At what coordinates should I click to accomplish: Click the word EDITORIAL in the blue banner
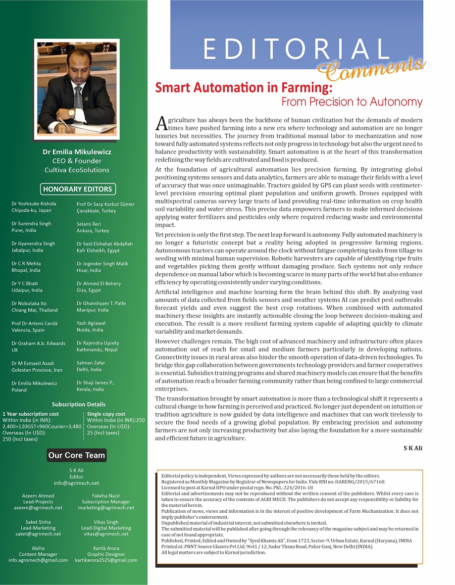pos(297,49)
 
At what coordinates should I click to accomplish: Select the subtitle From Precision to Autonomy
pos(352,102)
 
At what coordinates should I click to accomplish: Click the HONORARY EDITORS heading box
pos(77,189)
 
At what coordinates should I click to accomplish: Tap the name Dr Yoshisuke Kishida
pos(34,203)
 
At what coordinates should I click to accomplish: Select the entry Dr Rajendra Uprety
pos(98,343)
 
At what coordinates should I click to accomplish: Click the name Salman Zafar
pos(91,363)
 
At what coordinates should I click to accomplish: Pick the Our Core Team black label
pos(77,455)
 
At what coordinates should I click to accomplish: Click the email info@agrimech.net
pos(77,483)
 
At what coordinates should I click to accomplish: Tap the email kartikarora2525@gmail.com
pos(106,560)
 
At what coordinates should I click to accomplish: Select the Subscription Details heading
pos(79,404)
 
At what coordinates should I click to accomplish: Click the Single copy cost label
pos(106,414)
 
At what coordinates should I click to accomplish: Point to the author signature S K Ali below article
pos(413,448)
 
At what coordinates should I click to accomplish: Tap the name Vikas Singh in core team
pos(106,522)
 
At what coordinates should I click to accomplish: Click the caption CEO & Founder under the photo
pos(77,161)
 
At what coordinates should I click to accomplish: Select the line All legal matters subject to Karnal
pos(213,552)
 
